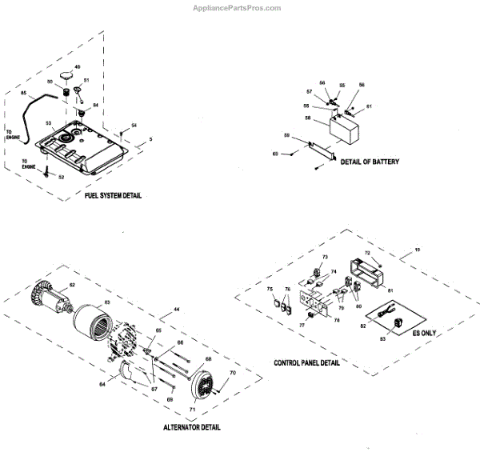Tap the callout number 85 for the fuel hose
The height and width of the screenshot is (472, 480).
click(x=24, y=94)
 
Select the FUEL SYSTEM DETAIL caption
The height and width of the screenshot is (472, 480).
click(x=113, y=196)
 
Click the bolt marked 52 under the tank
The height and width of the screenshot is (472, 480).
click(x=48, y=171)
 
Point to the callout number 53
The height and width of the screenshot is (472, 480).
click(x=49, y=123)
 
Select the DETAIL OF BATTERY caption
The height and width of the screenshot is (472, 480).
click(x=370, y=162)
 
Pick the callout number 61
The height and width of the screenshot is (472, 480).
click(x=370, y=106)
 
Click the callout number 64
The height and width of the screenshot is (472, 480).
click(x=102, y=385)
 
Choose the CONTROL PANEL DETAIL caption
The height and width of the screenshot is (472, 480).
click(x=306, y=362)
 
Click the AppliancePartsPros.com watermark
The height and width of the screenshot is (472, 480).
click(x=237, y=8)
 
